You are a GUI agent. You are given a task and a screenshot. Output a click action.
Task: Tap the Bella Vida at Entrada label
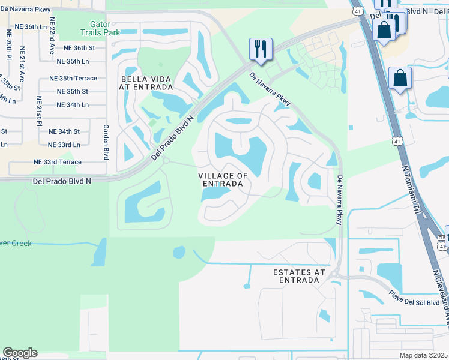[146, 83]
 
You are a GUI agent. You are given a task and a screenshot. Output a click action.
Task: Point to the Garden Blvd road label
[106, 142]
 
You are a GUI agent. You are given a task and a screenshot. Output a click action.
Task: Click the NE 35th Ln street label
[73, 61]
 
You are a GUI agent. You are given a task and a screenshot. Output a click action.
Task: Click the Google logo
[20, 353]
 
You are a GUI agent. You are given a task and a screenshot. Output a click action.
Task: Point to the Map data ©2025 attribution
[423, 355]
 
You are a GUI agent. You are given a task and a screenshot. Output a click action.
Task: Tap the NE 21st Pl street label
[38, 112]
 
